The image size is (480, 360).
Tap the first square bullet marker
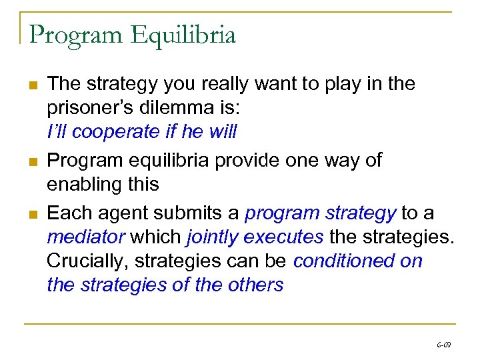click(32, 85)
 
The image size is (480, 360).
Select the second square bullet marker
click(32, 161)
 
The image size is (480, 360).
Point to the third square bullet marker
click(32, 213)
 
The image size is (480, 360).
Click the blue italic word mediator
click(85, 237)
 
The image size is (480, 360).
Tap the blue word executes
click(283, 237)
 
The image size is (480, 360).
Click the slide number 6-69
click(443, 345)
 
